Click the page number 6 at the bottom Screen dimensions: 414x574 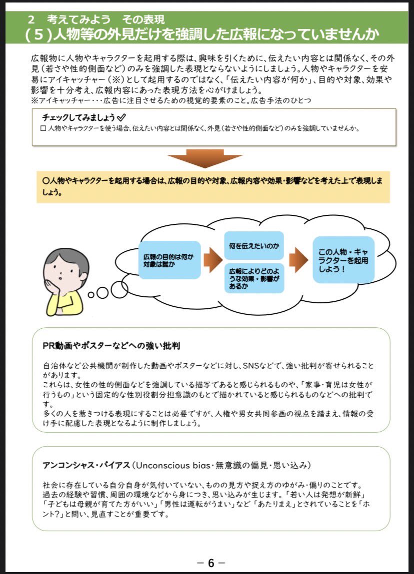click(x=210, y=563)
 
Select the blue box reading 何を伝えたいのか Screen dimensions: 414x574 click(x=253, y=246)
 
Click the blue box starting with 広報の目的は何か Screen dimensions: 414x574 click(x=168, y=260)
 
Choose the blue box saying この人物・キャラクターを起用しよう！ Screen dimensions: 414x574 click(x=343, y=260)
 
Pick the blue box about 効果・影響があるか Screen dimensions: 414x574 click(x=253, y=278)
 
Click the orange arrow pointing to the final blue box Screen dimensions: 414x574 click(x=298, y=260)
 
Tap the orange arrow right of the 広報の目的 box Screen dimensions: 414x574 click(x=212, y=260)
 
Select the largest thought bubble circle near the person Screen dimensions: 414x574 click(x=119, y=288)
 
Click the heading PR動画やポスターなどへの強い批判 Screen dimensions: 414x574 click(x=111, y=346)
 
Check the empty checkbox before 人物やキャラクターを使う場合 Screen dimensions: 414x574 click(x=42, y=128)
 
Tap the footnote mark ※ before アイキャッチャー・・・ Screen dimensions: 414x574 click(x=33, y=100)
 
